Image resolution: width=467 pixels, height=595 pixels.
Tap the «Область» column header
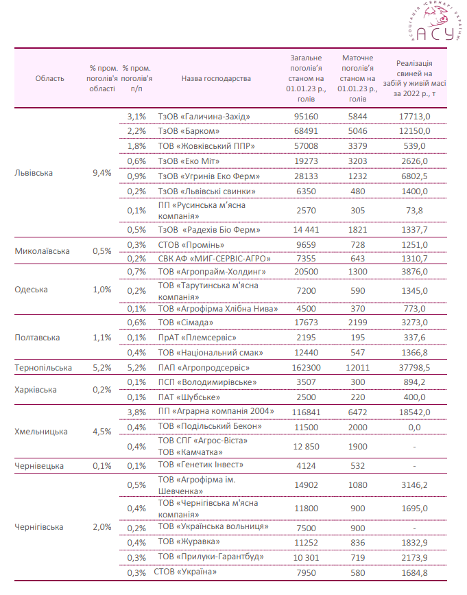coord(50,78)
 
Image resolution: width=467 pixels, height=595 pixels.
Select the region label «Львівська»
coord(34,173)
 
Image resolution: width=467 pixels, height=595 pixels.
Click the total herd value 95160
coord(306,117)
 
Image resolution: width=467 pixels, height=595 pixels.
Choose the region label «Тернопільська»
coord(43,368)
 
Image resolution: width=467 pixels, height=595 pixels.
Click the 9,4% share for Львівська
coord(101,173)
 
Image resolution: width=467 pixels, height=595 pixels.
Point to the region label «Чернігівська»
coord(39,527)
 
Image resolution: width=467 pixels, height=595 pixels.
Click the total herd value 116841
coord(306,411)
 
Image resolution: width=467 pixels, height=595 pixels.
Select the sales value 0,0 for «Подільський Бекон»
coord(421,426)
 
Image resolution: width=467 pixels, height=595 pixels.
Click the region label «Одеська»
coord(32,289)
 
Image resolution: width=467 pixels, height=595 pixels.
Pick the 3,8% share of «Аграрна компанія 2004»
coord(137,411)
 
